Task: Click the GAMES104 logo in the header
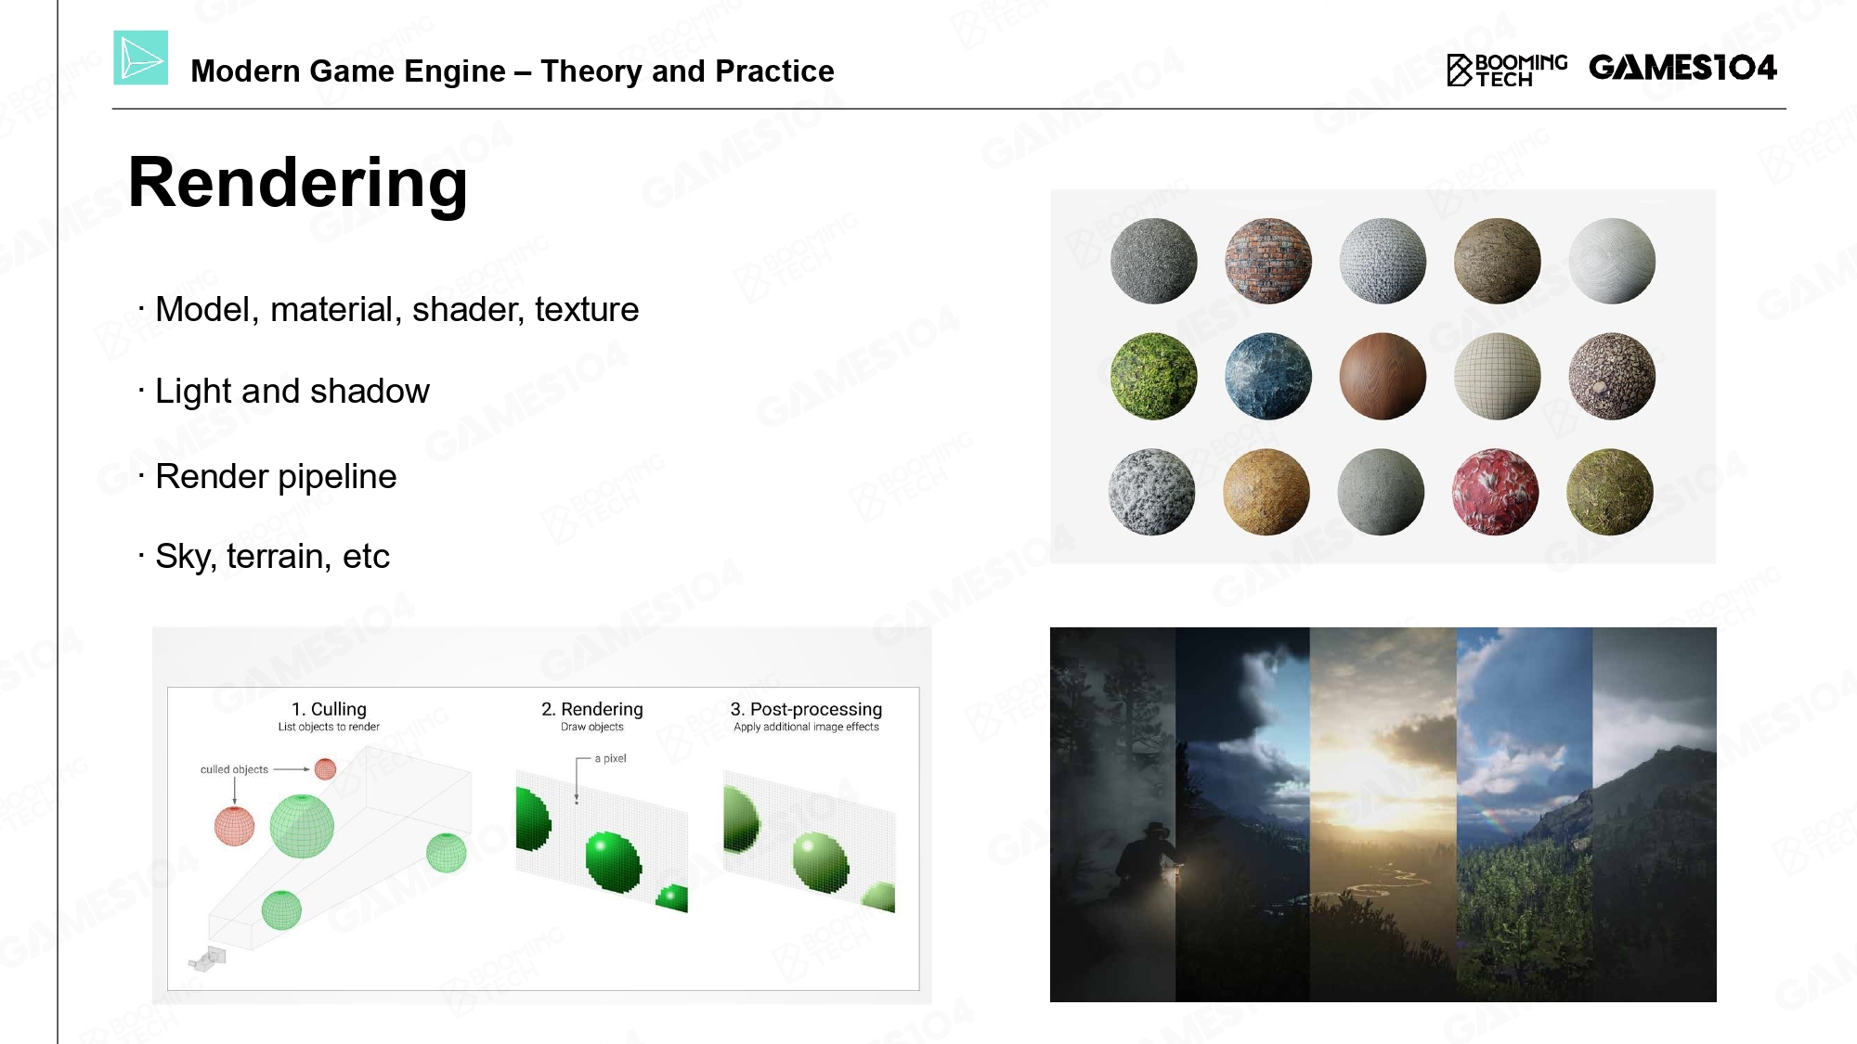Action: pos(1682,68)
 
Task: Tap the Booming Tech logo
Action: pos(1507,71)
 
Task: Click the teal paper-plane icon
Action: pos(141,58)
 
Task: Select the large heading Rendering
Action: pos(298,183)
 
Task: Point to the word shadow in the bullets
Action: pos(370,391)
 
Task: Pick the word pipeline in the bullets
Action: pos(337,477)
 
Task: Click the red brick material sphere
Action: pos(1268,261)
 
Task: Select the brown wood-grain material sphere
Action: pos(1383,376)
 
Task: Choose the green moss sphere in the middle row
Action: pos(1154,376)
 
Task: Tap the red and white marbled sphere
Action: pos(1496,492)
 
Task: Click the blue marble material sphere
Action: pos(1268,376)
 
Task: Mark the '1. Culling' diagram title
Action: pos(329,709)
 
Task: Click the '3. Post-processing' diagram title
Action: pos(806,709)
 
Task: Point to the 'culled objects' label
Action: pos(234,769)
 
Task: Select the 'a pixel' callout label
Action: pos(610,758)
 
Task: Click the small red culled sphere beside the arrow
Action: pos(325,768)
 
